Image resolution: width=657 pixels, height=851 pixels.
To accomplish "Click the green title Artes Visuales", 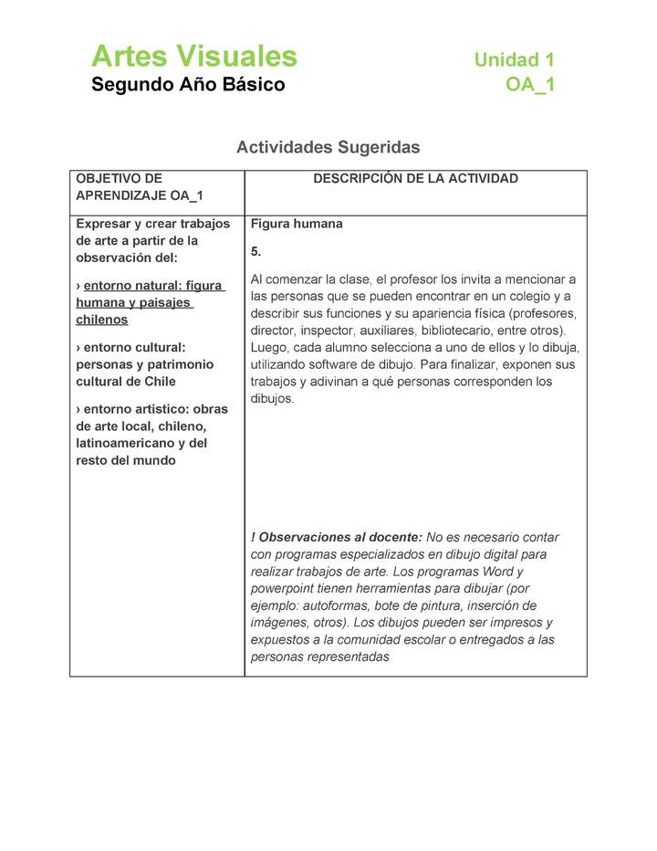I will click(x=194, y=57).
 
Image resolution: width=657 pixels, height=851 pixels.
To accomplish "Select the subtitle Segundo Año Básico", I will click(x=188, y=85).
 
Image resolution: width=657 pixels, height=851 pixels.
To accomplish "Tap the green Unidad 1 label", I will click(x=514, y=60).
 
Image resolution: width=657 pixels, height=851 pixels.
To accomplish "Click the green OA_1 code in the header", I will click(x=530, y=85).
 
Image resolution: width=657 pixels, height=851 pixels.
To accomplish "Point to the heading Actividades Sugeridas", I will click(x=328, y=147).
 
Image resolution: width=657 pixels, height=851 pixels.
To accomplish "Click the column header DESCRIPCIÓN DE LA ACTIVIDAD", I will click(x=415, y=179).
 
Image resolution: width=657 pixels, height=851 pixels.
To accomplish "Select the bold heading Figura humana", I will click(x=297, y=224).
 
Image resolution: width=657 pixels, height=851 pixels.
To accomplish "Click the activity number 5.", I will click(x=255, y=251).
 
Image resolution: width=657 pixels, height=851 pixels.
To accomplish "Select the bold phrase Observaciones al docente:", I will click(x=340, y=538).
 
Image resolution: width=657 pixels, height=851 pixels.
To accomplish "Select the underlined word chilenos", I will click(x=102, y=320).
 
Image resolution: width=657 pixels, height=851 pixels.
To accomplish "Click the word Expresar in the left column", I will click(x=102, y=224).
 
